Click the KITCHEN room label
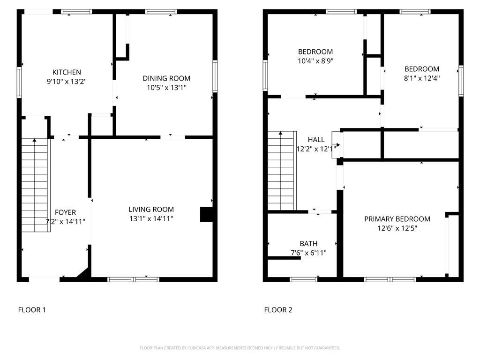click(67, 72)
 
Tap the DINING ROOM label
click(166, 78)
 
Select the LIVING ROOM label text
click(151, 210)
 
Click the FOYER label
click(65, 212)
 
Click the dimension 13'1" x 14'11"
click(151, 218)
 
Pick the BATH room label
click(308, 243)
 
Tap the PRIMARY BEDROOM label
click(397, 219)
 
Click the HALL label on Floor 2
click(316, 140)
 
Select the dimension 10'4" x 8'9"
click(315, 60)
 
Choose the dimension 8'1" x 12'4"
click(422, 78)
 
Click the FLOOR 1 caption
click(32, 309)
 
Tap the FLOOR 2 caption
click(278, 309)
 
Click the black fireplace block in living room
click(206, 214)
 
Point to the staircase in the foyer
click(35, 185)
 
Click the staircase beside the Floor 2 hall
click(281, 171)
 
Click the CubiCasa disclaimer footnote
click(240, 348)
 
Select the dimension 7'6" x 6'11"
click(308, 253)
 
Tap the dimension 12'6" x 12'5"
click(397, 228)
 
